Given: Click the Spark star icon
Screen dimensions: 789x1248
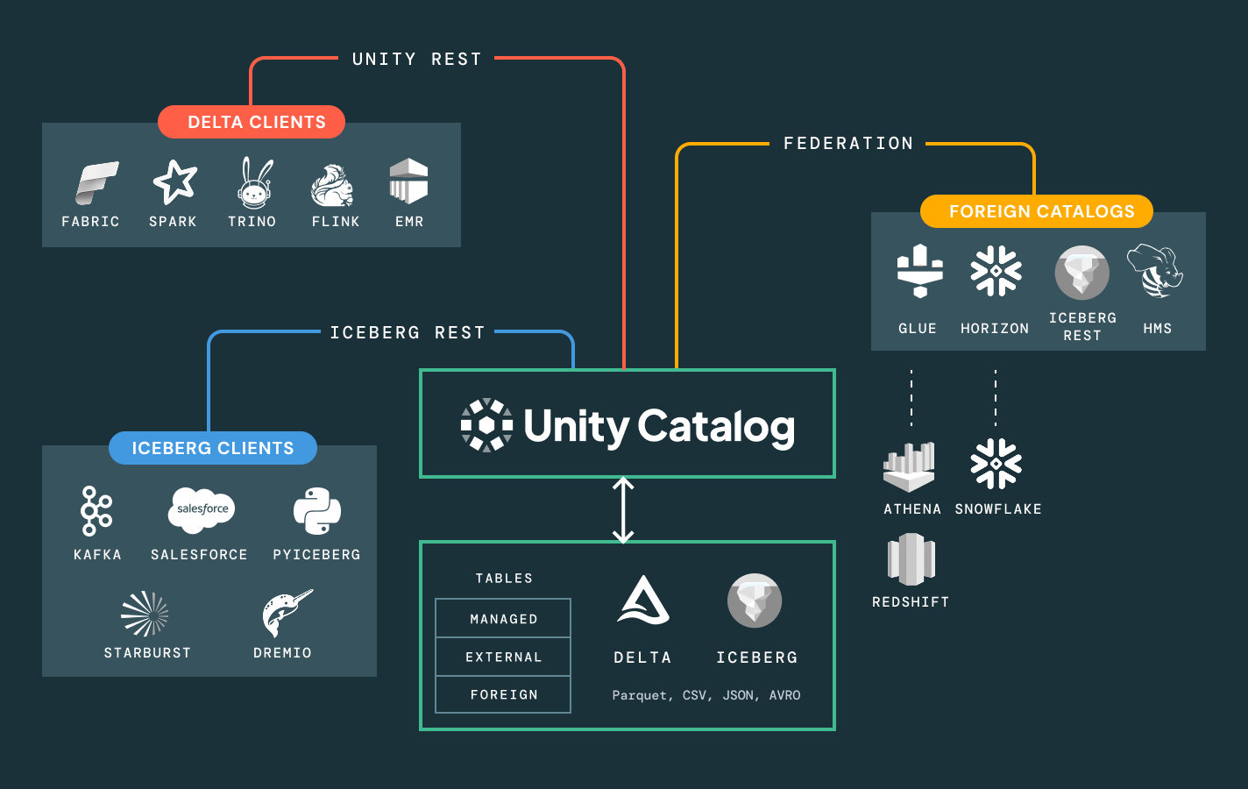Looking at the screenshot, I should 174,181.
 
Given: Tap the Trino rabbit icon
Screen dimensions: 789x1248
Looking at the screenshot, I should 255,182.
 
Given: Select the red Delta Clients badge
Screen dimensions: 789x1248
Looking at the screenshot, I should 252,122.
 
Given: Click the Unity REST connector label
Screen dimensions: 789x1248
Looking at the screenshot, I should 417,59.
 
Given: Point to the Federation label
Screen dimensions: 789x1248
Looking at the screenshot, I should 848,143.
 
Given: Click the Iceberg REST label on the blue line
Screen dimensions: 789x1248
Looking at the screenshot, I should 408,332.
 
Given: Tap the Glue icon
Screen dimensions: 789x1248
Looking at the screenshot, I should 919,271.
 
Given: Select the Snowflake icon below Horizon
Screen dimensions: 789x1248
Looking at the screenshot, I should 996,464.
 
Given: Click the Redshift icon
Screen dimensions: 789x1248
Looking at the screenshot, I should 911,559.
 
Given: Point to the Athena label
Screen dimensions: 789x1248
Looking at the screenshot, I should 912,509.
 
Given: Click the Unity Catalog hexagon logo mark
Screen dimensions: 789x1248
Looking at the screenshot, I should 486,425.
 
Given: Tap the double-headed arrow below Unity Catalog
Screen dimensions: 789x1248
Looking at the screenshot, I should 623,510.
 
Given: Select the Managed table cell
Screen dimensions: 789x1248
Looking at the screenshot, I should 503,619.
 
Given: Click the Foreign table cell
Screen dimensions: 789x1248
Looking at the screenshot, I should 503,694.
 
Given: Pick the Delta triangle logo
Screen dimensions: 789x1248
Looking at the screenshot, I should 643,601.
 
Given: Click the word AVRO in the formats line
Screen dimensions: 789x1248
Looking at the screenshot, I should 784,695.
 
